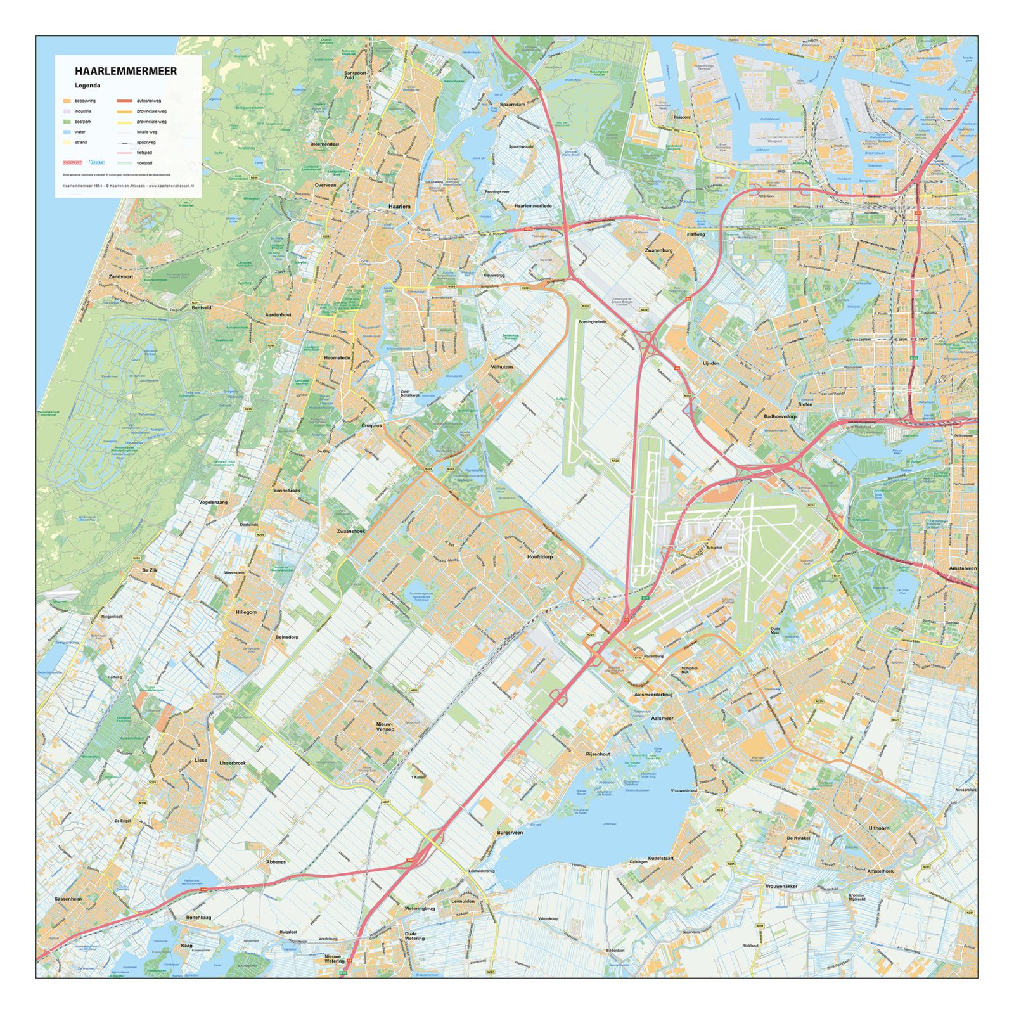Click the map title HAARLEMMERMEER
(x=125, y=72)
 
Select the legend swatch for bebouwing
(x=67, y=101)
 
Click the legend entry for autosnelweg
(x=148, y=101)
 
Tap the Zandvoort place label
(x=120, y=277)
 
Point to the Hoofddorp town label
(x=540, y=556)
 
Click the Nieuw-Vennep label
(x=385, y=726)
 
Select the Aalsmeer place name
(x=662, y=718)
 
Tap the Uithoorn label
(x=879, y=828)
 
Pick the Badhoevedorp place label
(x=780, y=416)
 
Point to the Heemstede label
(x=337, y=358)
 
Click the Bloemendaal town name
(x=324, y=144)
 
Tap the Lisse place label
(x=201, y=760)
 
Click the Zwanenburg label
(x=658, y=250)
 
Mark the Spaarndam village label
(x=512, y=105)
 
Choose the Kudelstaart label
(x=660, y=857)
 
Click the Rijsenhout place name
(x=598, y=754)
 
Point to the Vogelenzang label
(x=213, y=502)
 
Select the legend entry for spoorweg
(x=146, y=143)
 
